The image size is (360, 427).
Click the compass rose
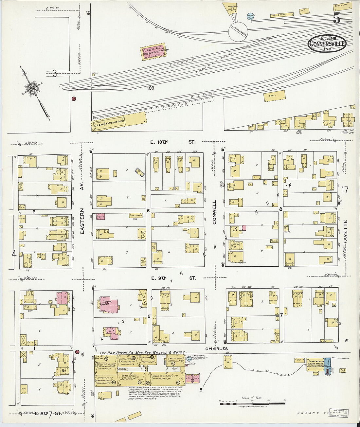click(x=32, y=89)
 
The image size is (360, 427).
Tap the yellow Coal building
click(x=274, y=96)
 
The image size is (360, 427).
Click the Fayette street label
click(x=346, y=231)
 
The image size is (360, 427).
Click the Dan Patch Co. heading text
click(x=141, y=353)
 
